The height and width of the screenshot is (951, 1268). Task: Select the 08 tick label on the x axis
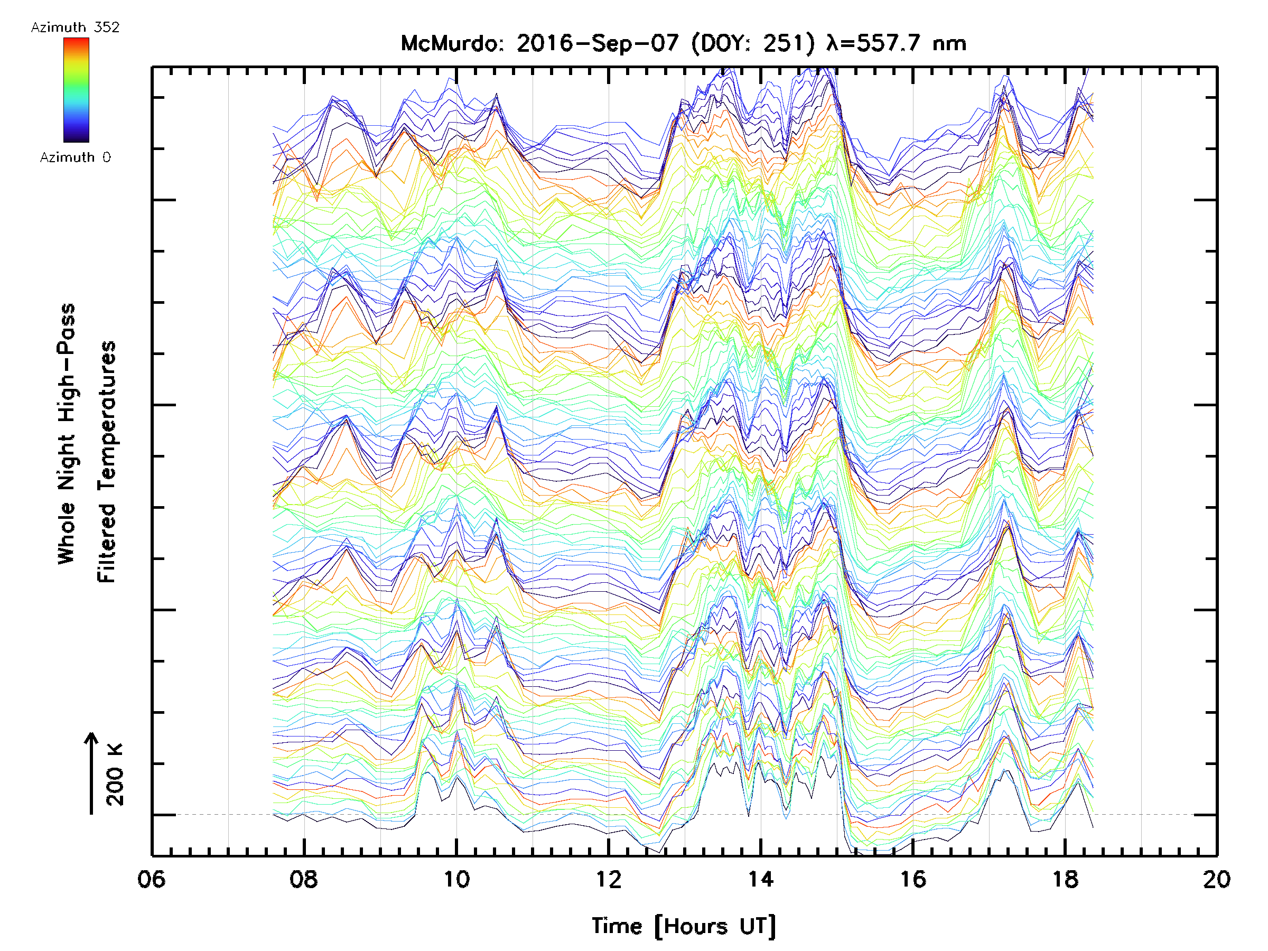tap(303, 879)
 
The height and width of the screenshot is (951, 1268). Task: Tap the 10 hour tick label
tap(456, 879)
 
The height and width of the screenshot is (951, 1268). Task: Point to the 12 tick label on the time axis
tap(608, 879)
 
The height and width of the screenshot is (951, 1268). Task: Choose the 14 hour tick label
tap(761, 879)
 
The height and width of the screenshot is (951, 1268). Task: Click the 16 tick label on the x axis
tap(912, 879)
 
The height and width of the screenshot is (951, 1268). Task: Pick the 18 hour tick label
tap(1065, 879)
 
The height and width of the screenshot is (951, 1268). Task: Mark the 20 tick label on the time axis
tap(1216, 879)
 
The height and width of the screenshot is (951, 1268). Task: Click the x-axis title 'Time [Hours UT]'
tap(684, 926)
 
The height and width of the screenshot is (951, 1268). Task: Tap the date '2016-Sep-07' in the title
tap(598, 43)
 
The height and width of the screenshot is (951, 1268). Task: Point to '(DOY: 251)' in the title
tap(753, 43)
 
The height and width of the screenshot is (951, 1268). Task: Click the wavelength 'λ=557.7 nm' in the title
tap(896, 43)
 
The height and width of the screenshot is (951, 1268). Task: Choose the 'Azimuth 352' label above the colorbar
tap(75, 27)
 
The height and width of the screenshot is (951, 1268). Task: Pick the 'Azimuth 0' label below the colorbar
tap(75, 157)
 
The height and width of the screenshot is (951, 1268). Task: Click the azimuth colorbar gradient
tap(76, 90)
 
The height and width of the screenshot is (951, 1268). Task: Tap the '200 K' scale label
tap(115, 775)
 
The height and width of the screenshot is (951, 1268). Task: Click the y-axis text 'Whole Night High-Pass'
tap(67, 434)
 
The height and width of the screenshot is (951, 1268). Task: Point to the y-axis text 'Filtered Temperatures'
tap(107, 462)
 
